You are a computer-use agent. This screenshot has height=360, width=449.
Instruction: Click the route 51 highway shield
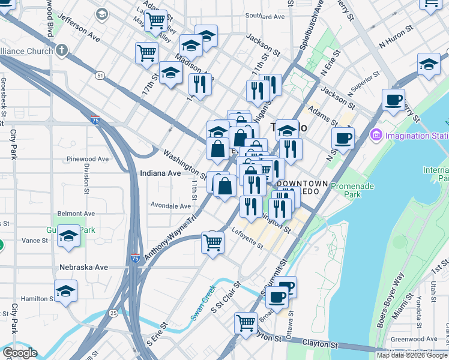(x=100, y=75)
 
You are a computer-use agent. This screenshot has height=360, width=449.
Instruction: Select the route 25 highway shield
(x=113, y=313)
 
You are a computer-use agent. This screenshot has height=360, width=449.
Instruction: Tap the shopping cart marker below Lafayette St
(x=212, y=243)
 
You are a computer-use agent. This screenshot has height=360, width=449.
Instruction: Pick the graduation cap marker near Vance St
(x=69, y=237)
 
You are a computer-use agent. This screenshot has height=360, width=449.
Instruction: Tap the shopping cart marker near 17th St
(x=146, y=53)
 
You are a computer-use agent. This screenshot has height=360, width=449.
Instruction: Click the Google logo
(x=20, y=353)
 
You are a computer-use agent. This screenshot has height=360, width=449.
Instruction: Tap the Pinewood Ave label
(x=88, y=159)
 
